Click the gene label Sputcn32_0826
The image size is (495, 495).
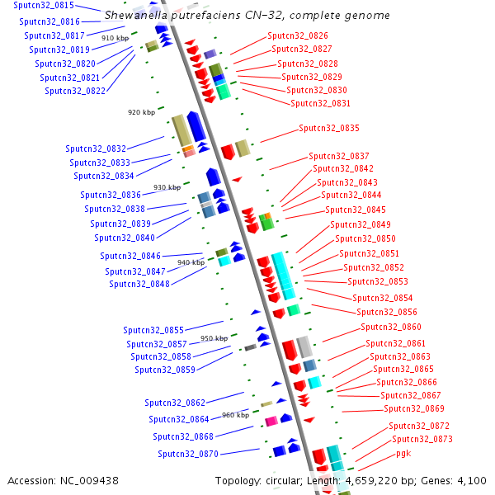pyautogui.click(x=297, y=35)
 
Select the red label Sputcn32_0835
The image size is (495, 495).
pyautogui.click(x=329, y=128)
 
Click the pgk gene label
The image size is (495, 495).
pyautogui.click(x=403, y=453)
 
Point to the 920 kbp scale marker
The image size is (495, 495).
pyautogui.click(x=141, y=112)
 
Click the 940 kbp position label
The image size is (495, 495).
pyautogui.click(x=190, y=262)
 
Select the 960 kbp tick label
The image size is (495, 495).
pyautogui.click(x=235, y=415)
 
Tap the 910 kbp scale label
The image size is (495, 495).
pyautogui.click(x=115, y=38)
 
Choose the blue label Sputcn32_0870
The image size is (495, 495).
pyautogui.click(x=188, y=454)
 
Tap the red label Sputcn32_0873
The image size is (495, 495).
pyautogui.click(x=422, y=439)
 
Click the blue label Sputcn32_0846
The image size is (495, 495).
pyautogui.click(x=130, y=256)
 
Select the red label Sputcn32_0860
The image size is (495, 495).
pyautogui.click(x=391, y=327)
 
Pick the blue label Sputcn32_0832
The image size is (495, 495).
pyautogui.click(x=96, y=148)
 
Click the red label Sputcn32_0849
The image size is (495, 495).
pyautogui.click(x=361, y=224)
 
